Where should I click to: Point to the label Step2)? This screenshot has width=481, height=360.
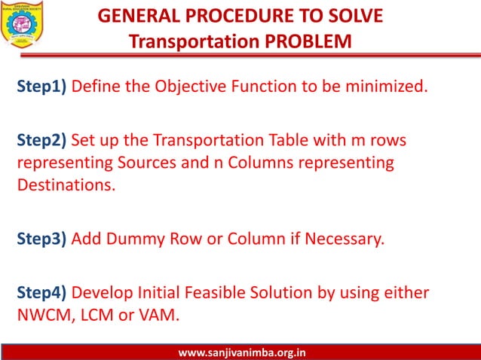tap(42, 141)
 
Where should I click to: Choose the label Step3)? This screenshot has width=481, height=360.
tap(42, 240)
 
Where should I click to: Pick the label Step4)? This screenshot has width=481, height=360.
tap(42, 291)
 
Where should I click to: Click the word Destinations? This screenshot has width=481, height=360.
tap(66, 185)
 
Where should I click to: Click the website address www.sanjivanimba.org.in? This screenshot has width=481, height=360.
tap(240, 352)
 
